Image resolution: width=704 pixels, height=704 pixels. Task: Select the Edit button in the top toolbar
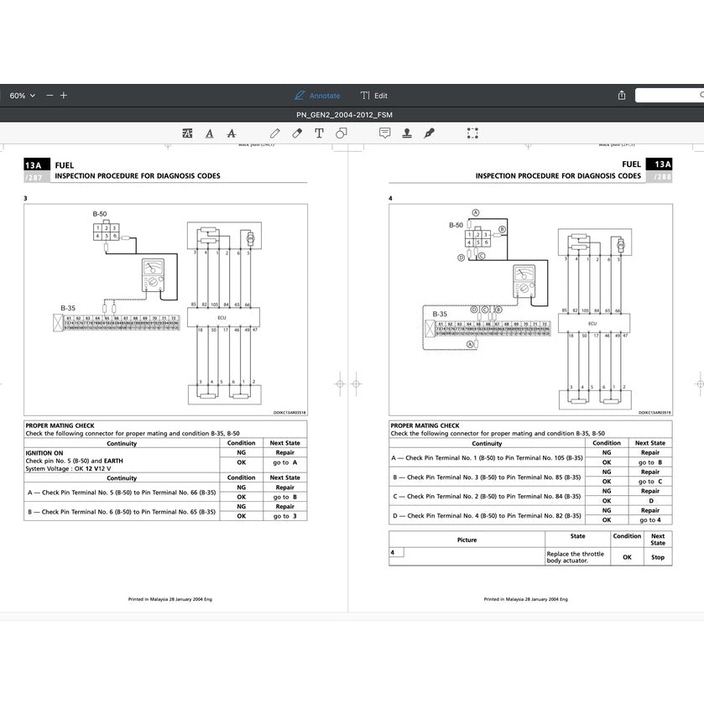(374, 96)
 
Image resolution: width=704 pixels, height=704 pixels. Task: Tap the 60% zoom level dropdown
(22, 96)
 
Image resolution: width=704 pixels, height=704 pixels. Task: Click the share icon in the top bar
(622, 96)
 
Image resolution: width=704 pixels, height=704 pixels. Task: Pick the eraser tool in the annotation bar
(297, 133)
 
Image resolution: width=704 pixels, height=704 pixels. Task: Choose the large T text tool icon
(319, 133)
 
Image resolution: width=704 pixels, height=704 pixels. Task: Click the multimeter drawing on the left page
(154, 273)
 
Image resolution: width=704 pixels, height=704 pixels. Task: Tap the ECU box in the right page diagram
(592, 322)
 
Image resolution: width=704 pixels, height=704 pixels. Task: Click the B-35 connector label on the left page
(68, 308)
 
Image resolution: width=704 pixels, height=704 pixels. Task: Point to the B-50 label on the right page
(456, 225)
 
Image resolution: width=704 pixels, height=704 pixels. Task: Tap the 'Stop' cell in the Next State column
(658, 557)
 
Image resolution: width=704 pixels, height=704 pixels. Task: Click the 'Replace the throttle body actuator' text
(576, 557)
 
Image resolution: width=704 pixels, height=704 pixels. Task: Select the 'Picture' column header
(467, 540)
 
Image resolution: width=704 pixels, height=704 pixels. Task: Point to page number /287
(34, 177)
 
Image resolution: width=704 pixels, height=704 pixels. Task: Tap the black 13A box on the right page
(662, 164)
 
